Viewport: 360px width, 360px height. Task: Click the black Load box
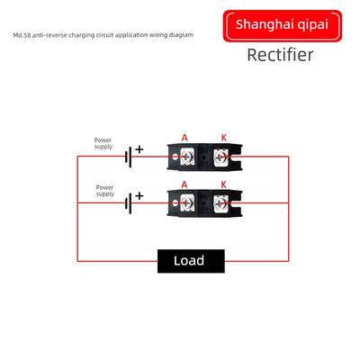191,261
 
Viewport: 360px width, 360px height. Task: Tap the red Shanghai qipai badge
283,26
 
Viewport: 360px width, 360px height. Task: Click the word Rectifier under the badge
280,55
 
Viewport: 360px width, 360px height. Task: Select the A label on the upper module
184,138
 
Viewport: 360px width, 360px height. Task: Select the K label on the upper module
224,138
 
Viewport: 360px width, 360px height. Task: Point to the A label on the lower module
184,184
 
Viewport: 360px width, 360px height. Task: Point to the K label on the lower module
223,184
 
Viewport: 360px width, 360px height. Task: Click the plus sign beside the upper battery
139,149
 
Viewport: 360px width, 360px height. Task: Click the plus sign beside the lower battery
139,196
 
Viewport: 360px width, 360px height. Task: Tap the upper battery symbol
128,157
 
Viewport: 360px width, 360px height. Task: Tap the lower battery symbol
128,203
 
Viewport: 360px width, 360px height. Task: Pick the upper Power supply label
103,143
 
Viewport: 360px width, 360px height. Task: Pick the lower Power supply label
105,191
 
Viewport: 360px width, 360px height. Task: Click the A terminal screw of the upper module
187,157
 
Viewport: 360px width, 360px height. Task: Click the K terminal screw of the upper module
221,157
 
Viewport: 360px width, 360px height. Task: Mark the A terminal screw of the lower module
187,203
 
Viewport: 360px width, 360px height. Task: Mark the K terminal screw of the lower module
221,203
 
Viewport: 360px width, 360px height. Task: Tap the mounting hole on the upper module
175,157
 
